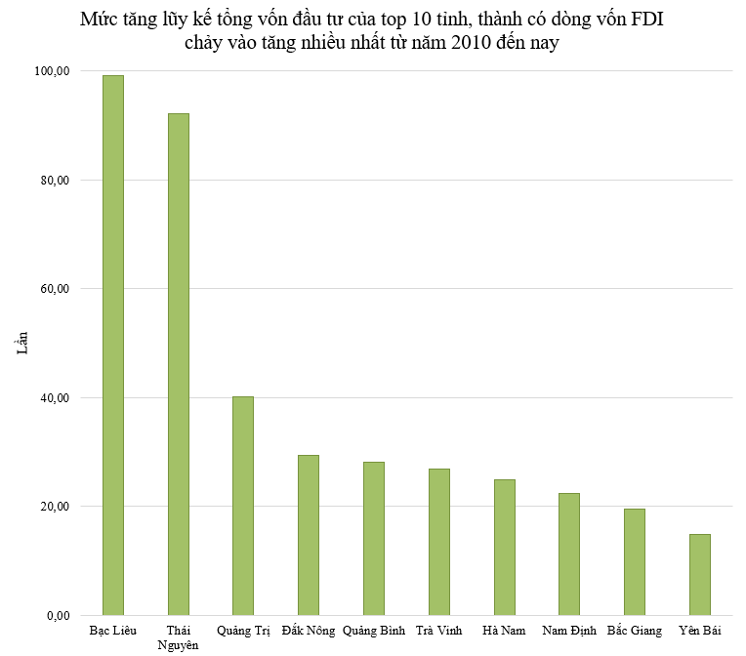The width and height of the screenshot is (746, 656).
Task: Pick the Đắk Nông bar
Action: click(x=309, y=535)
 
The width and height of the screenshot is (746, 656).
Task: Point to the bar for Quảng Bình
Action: click(x=374, y=538)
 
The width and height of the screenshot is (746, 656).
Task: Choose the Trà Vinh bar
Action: click(x=439, y=542)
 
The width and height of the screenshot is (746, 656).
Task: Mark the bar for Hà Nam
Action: click(x=504, y=547)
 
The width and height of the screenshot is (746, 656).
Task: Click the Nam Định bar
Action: click(x=569, y=553)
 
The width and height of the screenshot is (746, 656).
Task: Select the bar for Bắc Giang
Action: click(x=635, y=561)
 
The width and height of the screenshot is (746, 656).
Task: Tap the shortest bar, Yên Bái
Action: click(x=699, y=574)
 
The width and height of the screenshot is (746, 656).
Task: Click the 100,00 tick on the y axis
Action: click(x=51, y=71)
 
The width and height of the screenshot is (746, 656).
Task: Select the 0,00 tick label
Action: click(x=57, y=615)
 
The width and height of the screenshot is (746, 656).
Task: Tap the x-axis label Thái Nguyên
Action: click(x=179, y=637)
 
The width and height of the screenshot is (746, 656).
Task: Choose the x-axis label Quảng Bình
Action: click(x=374, y=631)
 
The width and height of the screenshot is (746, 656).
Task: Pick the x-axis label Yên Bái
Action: click(x=699, y=631)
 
